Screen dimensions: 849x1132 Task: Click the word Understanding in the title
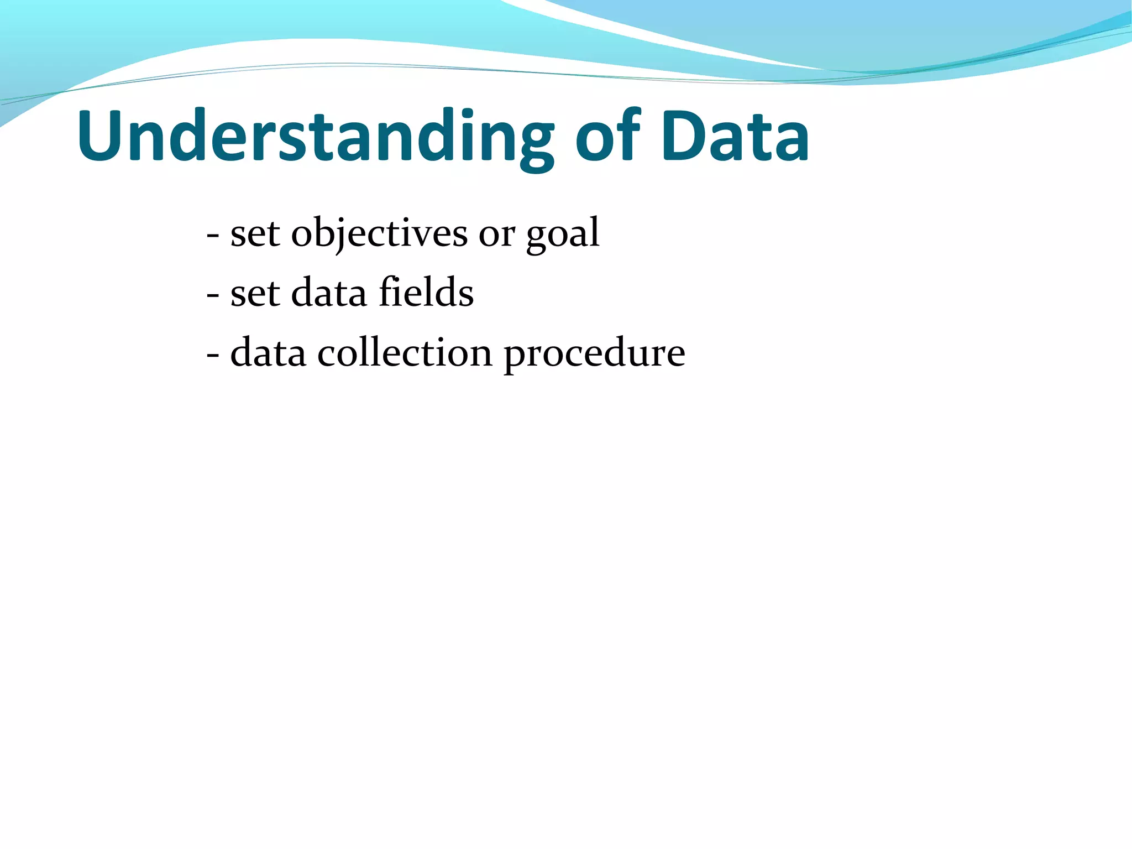[x=315, y=137]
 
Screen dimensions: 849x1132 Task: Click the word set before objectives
[x=255, y=233]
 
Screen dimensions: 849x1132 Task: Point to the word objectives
[x=379, y=233]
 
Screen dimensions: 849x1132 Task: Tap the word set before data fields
[x=255, y=293]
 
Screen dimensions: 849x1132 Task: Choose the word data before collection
[x=268, y=352]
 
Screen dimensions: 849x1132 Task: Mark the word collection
[x=404, y=352]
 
